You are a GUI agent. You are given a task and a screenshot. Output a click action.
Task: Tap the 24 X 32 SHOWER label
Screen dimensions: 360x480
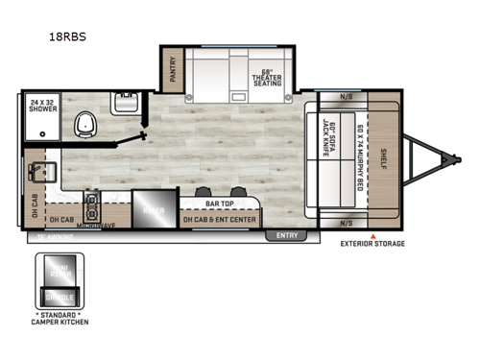tap(42, 106)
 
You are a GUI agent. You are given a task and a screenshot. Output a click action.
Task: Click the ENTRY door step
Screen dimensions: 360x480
tap(287, 234)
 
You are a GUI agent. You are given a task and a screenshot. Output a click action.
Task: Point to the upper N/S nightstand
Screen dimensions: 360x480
tap(347, 97)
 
